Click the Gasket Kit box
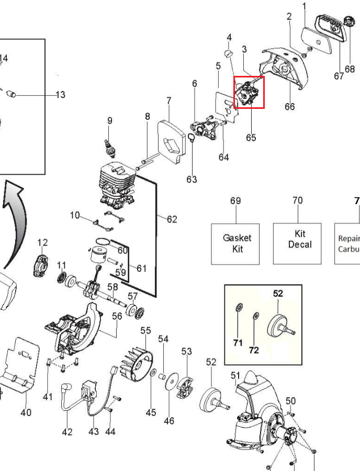pos(237,243)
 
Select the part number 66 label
pos(289,107)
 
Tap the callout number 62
pos(172,219)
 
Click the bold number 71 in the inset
pos(238,343)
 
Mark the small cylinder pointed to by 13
pos(13,94)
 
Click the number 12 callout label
pos(42,242)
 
